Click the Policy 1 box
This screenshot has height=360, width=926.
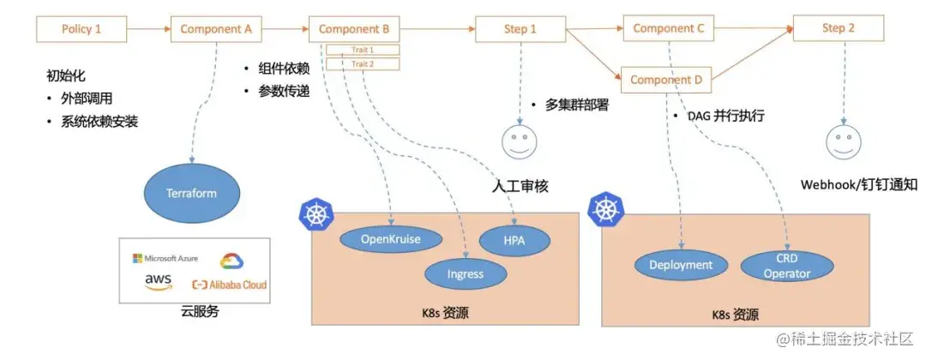(81, 29)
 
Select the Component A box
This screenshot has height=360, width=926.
(216, 29)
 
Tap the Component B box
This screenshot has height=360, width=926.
(354, 29)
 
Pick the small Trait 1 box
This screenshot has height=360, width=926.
(363, 50)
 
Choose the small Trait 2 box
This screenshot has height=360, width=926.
(363, 63)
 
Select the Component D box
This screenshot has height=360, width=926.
(666, 80)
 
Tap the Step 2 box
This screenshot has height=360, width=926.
(838, 28)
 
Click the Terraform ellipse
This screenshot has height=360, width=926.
(191, 194)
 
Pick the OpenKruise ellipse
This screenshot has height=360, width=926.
(391, 239)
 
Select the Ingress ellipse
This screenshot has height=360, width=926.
(466, 274)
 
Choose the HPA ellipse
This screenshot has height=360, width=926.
(514, 241)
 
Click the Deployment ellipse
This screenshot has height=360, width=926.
(680, 265)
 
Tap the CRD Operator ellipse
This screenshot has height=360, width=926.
(786, 266)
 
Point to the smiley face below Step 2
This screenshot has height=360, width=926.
(842, 141)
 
